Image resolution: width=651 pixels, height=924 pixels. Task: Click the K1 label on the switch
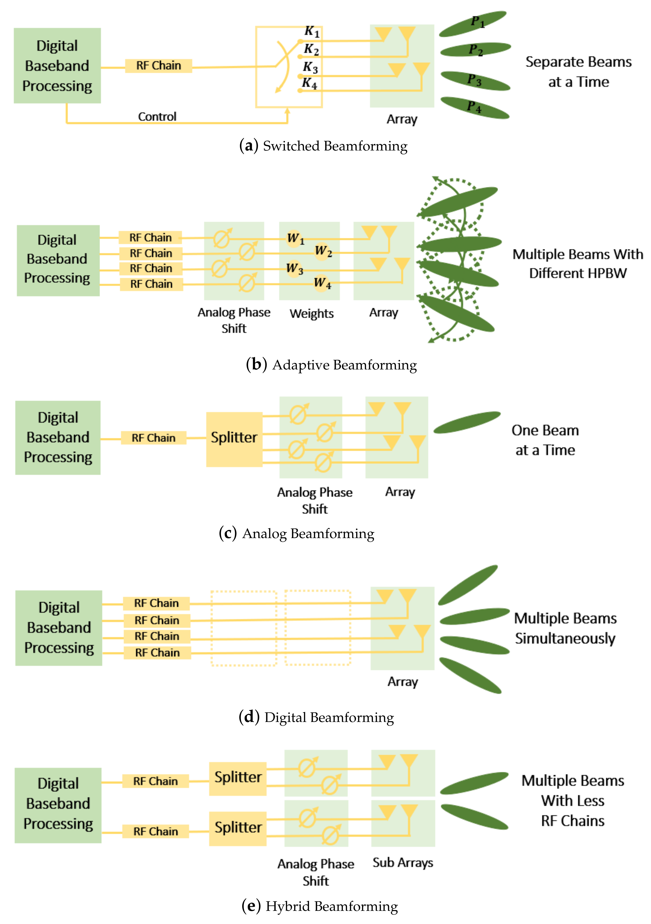pos(312,31)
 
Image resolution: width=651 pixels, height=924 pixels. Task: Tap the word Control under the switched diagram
pos(157,117)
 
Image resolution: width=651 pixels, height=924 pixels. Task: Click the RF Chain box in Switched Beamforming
pos(158,66)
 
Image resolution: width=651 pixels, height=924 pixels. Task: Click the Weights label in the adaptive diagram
pos(312,313)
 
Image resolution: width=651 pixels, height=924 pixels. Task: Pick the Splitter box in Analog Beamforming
pos(234,439)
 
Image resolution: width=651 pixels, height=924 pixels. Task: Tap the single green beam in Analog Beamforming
pos(467,423)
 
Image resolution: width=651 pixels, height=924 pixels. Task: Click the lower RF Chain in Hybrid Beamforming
pos(156,831)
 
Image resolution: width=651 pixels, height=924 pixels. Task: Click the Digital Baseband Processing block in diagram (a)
pos(57,66)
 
